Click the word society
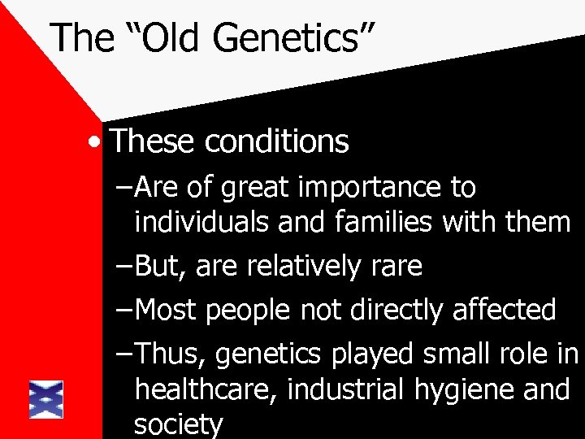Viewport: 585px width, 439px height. click(x=178, y=425)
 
